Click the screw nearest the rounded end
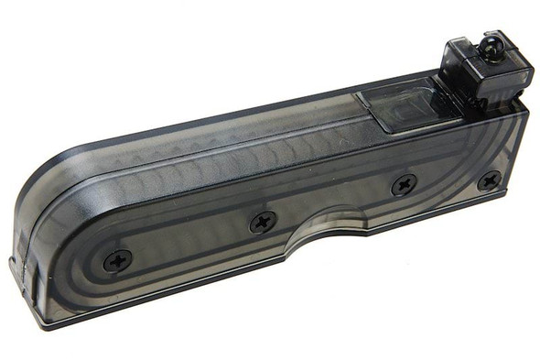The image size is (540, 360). (x=117, y=260)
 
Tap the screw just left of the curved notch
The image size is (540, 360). (x=263, y=220)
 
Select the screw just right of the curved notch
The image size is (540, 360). (x=404, y=186)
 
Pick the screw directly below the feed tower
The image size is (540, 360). (x=489, y=180)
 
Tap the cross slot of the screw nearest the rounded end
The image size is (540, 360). (x=117, y=260)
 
